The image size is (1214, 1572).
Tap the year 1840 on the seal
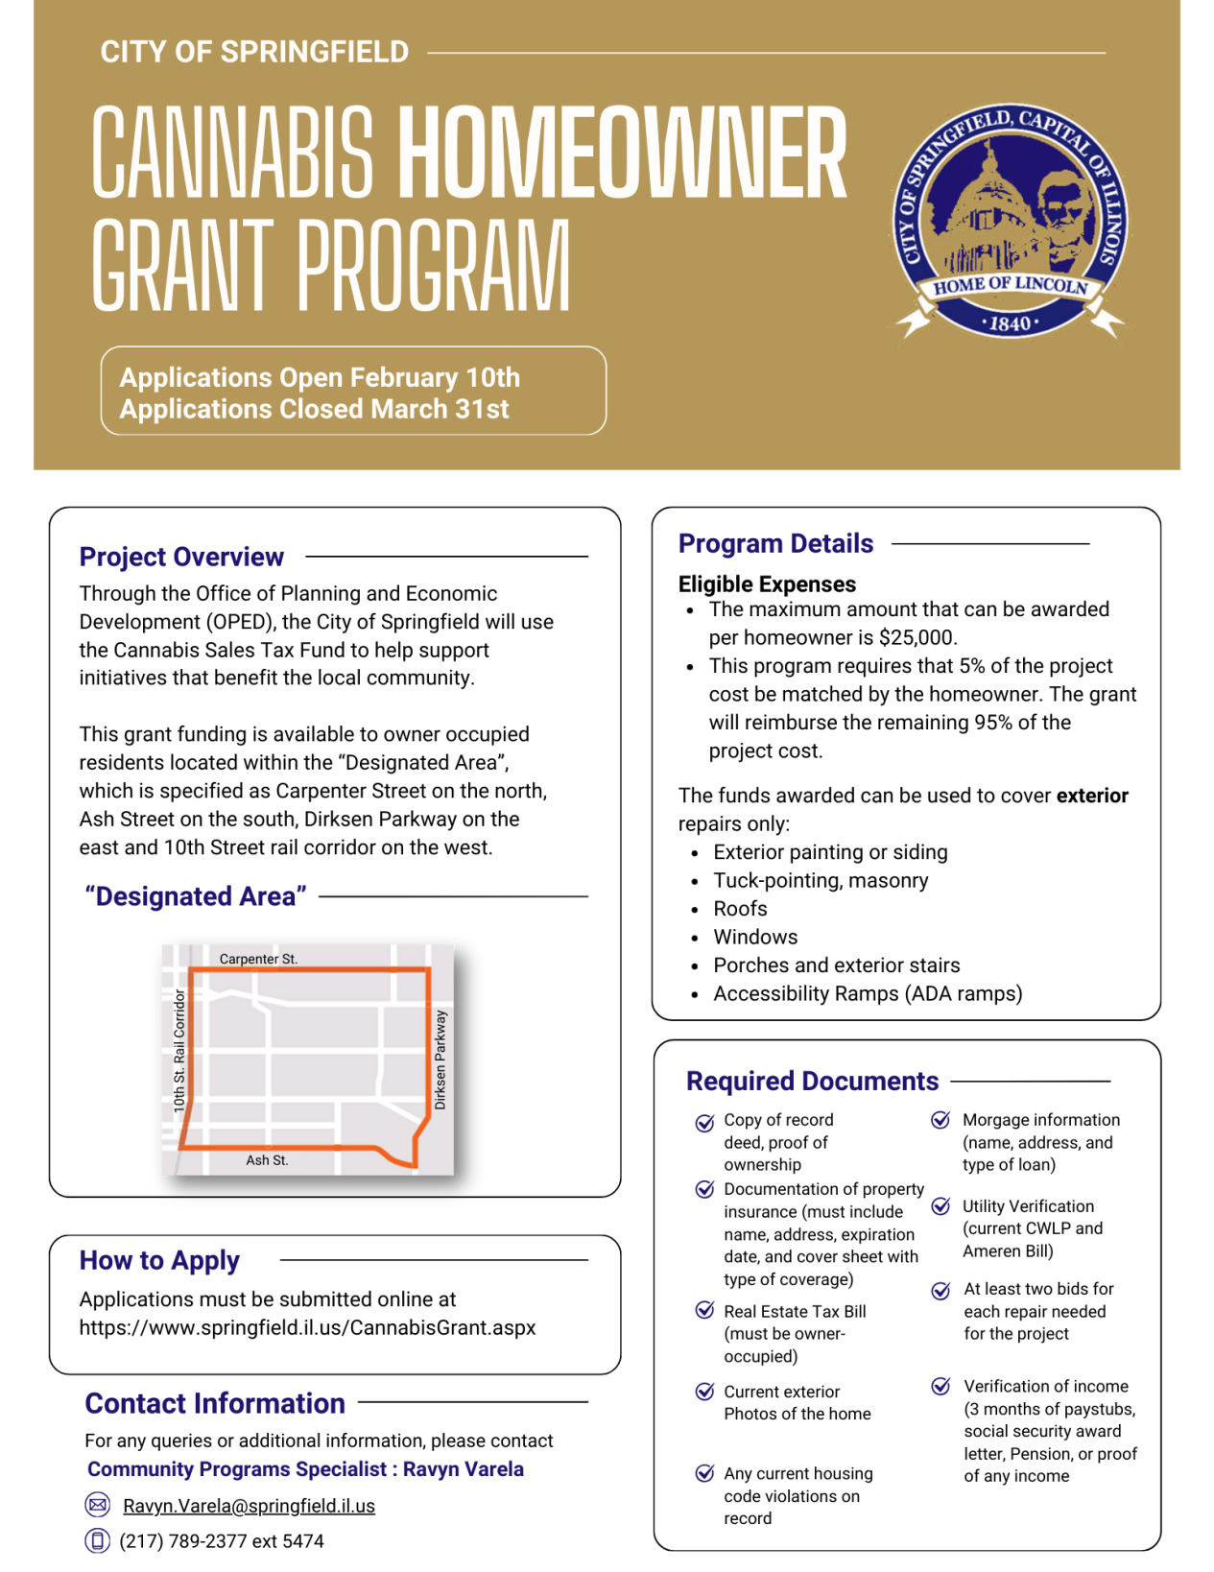1011,324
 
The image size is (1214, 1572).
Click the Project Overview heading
181,557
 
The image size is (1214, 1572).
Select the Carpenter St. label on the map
258,959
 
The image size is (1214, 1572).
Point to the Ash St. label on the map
267,1160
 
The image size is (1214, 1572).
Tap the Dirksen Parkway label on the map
440,1060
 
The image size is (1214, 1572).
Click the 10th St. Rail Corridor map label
179,1052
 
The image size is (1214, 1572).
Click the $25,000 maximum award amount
916,638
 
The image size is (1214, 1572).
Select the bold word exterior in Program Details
1092,796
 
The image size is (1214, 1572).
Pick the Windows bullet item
755,938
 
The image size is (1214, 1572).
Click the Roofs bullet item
740,909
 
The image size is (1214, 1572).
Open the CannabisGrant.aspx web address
307,1328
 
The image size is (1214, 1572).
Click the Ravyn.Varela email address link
249,1506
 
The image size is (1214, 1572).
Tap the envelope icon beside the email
97,1505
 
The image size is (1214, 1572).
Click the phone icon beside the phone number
97,1540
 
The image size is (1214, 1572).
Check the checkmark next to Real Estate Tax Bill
704,1311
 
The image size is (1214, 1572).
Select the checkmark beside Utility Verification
941,1206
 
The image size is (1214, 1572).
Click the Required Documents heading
812,1082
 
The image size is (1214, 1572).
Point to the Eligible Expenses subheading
767,584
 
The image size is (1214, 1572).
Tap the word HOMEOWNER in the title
622,154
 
